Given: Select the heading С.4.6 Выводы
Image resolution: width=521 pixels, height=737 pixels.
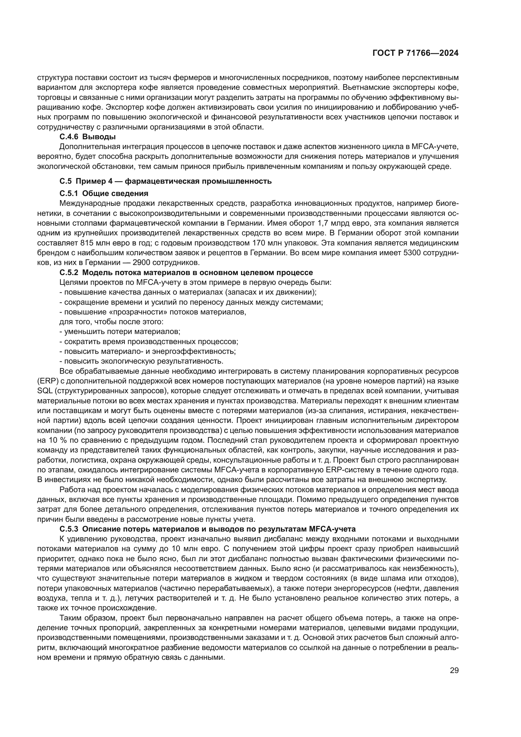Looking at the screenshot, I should [88, 137].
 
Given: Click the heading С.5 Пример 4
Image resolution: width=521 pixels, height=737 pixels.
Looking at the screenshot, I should [166, 181].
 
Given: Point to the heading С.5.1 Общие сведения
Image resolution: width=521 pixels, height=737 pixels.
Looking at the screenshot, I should [104, 193].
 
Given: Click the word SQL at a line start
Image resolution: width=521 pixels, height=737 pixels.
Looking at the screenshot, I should [44, 391].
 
